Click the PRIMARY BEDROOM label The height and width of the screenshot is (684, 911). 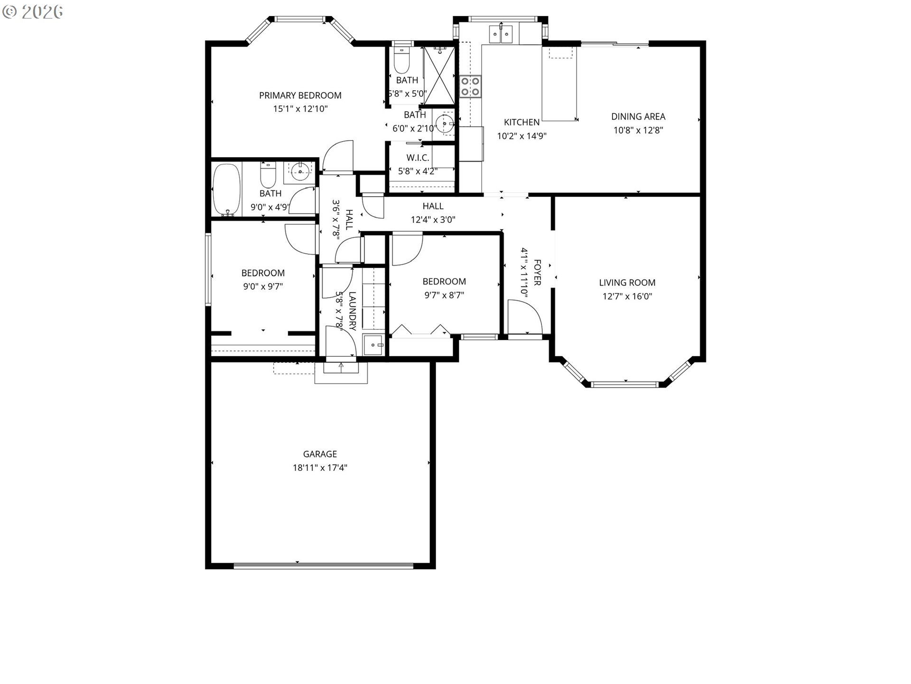click(300, 95)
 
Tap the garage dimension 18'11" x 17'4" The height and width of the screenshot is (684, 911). click(320, 468)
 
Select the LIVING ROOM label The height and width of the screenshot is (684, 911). click(627, 283)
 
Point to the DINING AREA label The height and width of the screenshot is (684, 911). click(638, 116)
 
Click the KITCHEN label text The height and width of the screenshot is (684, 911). click(521, 123)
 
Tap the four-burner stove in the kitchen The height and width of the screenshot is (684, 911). click(470, 86)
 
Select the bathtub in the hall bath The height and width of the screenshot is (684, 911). click(227, 190)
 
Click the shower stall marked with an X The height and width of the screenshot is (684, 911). click(439, 75)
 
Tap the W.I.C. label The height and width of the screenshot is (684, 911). click(418, 158)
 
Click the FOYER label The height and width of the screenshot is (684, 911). click(538, 272)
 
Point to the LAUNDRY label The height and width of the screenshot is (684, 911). click(352, 311)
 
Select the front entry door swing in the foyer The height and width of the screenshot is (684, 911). click(524, 317)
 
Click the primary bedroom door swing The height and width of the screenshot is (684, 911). click(338, 156)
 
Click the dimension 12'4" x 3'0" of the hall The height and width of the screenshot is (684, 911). click(433, 220)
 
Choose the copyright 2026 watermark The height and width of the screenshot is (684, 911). click(33, 12)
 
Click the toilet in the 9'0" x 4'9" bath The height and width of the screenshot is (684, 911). click(268, 175)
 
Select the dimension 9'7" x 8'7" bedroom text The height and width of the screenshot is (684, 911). click(444, 295)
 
